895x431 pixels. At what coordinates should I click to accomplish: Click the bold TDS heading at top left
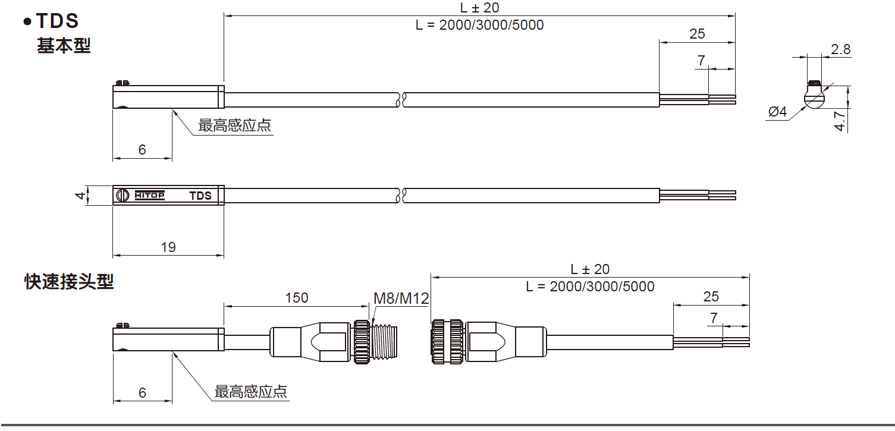57,21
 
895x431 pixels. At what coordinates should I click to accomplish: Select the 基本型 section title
64,46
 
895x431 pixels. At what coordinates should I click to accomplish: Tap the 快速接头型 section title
68,281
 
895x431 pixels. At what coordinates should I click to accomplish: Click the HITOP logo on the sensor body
149,195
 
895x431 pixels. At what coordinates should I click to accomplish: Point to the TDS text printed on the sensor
200,196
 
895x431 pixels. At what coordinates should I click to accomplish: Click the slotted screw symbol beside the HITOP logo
122,195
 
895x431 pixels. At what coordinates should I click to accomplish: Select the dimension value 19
168,247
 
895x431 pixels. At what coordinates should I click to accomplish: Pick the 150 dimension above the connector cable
297,297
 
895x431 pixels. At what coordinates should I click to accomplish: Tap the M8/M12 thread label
401,298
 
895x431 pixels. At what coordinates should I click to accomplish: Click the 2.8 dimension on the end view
841,50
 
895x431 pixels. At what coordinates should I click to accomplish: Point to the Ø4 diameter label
777,112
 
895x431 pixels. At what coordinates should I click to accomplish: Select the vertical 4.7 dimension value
839,119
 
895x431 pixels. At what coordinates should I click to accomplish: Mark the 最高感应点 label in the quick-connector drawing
251,392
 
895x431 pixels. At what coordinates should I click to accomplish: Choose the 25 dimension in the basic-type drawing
697,34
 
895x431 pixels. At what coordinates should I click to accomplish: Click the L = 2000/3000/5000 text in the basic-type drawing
479,25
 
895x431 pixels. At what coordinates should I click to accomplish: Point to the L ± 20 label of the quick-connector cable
590,269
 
